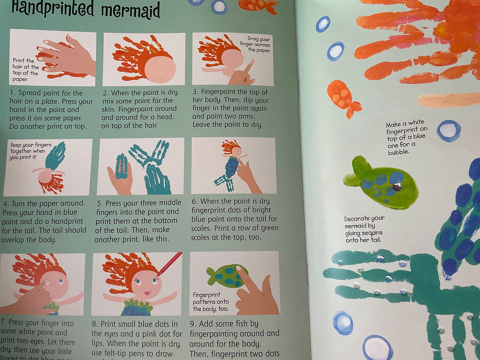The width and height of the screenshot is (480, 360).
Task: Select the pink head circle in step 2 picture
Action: (x=159, y=67)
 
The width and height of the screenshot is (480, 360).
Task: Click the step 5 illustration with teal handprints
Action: (x=142, y=167)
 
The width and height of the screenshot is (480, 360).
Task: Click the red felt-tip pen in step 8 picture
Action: (x=168, y=264)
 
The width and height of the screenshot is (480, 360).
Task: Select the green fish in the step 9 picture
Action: (x=226, y=276)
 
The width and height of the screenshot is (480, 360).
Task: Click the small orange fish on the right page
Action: (x=343, y=98)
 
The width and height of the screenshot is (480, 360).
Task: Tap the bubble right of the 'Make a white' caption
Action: (x=448, y=130)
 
